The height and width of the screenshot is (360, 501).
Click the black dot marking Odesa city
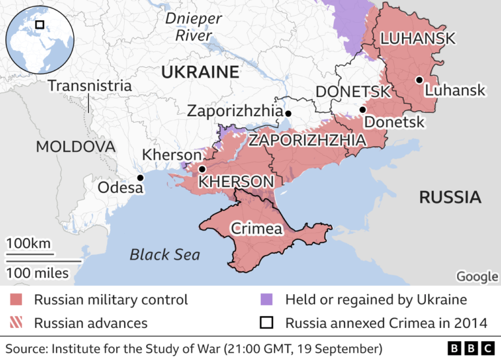(140, 177)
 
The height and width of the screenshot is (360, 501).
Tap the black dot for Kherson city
(202, 169)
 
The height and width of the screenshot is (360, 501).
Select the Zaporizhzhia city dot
(288, 113)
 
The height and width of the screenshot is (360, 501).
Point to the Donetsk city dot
(363, 110)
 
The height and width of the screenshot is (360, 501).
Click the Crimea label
(256, 228)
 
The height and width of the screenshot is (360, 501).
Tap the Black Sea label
(164, 254)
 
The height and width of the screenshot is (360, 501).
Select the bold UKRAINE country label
(200, 72)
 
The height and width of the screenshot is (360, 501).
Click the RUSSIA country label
(449, 197)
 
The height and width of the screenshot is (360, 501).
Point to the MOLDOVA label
(75, 146)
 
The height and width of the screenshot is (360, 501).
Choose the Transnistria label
(89, 85)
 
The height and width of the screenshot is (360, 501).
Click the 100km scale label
(29, 243)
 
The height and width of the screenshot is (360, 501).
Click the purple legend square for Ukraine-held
(266, 300)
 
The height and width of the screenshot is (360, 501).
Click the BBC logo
(471, 348)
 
